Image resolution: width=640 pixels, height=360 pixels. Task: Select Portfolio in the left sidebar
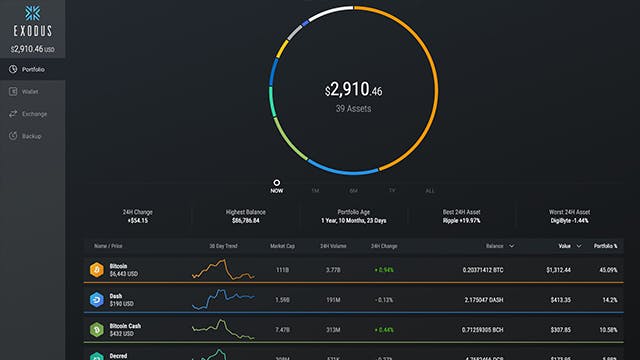(33, 69)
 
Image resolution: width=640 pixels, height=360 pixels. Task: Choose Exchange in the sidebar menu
(33, 113)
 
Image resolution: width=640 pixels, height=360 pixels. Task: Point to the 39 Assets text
(353, 109)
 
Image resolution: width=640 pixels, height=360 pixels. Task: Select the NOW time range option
(276, 189)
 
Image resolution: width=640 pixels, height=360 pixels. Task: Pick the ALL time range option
(430, 190)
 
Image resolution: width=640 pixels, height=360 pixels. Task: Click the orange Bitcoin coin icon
(96, 269)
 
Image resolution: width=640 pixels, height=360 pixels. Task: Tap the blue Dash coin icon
(96, 299)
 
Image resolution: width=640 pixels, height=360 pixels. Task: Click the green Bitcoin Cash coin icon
(96, 328)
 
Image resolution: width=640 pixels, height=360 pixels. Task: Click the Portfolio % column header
(604, 245)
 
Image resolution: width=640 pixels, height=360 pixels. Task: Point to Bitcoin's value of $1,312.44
(558, 269)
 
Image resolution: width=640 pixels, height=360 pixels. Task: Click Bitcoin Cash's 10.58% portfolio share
(606, 328)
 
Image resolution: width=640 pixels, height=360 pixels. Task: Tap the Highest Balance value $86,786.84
(247, 219)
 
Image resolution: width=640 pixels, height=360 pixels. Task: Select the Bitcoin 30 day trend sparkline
(222, 269)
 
